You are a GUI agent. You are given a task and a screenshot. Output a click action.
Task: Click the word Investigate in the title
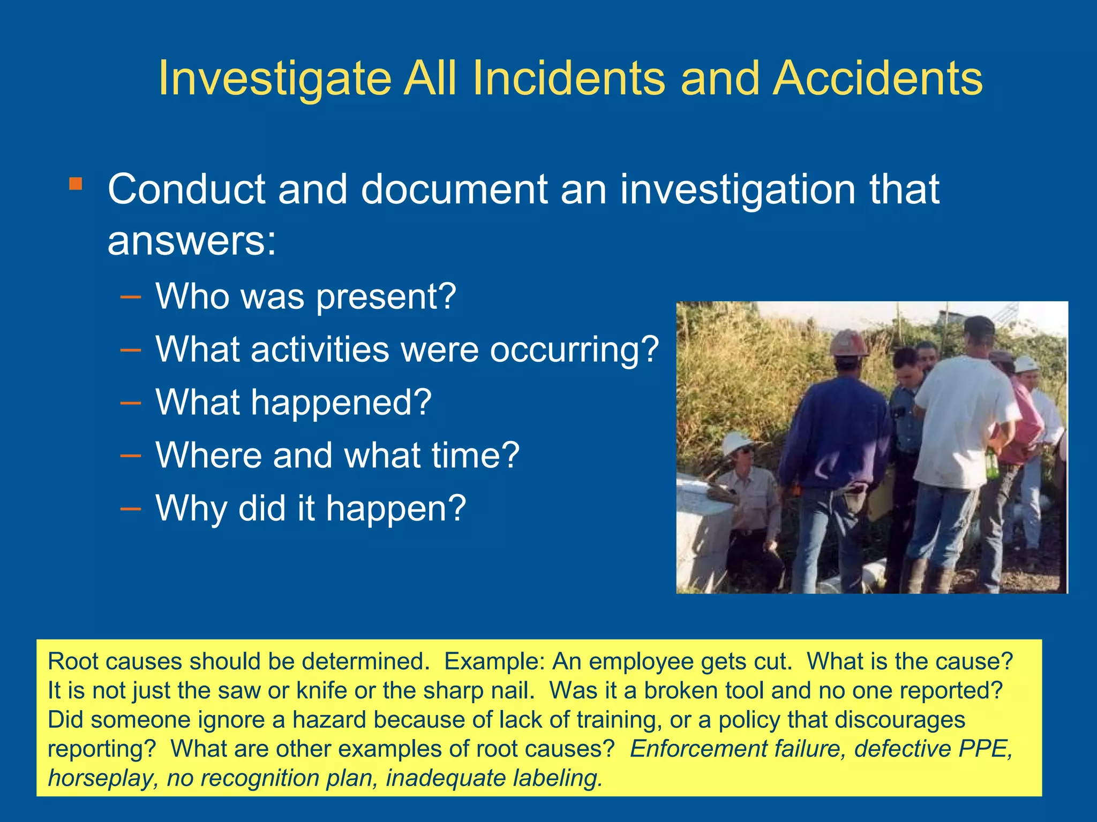(x=275, y=79)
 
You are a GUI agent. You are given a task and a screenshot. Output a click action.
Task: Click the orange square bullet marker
(x=76, y=184)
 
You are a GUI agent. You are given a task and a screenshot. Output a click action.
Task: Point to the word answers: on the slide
(x=192, y=241)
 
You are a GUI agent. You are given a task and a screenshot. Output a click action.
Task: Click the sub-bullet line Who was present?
(x=305, y=296)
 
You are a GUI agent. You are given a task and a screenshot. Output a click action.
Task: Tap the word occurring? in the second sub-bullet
(x=574, y=349)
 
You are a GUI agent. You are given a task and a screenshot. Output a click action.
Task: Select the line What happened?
(x=294, y=402)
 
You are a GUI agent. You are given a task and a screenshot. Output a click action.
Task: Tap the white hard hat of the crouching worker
(x=737, y=443)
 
